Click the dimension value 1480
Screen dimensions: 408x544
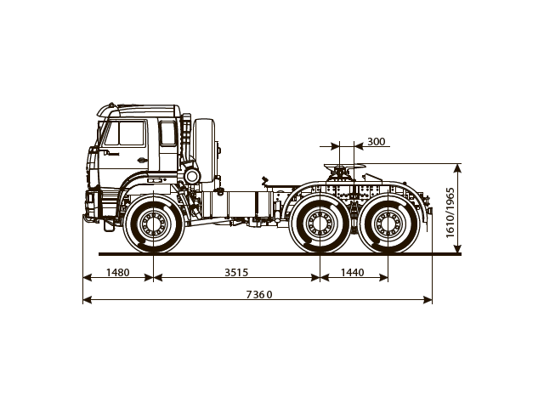coord(118,272)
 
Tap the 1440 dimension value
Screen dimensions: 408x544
coord(352,272)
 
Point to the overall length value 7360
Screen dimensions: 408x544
coord(258,294)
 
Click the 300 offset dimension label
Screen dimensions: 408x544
coord(376,141)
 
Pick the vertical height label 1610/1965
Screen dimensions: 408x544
coord(450,209)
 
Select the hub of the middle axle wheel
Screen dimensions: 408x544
coord(320,226)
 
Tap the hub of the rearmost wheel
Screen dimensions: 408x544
coord(388,226)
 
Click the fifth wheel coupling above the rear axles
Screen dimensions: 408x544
coord(342,173)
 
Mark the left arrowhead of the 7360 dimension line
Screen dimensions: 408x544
coord(86,300)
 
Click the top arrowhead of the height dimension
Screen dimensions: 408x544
coord(460,167)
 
